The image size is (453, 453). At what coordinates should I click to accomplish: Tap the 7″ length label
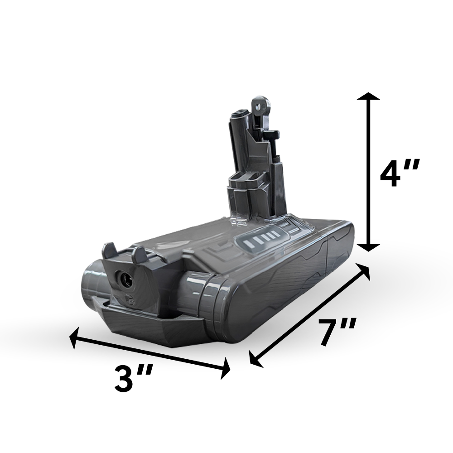[336, 332]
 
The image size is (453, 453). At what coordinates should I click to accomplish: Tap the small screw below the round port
[128, 298]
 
